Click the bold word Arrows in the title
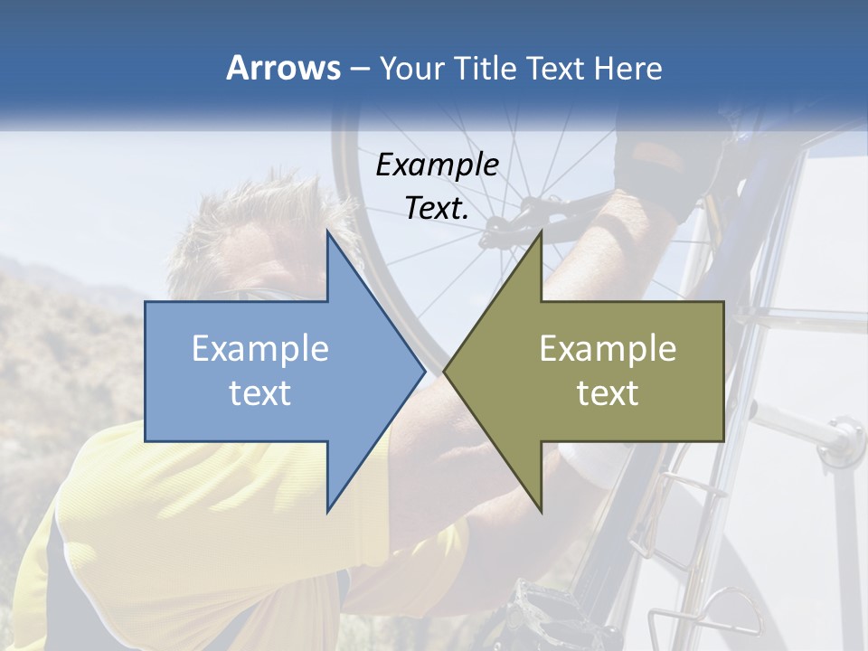(x=283, y=68)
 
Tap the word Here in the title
(x=627, y=68)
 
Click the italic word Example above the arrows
(x=438, y=165)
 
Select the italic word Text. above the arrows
(x=438, y=209)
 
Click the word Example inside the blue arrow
(x=260, y=348)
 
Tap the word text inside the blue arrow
(x=260, y=393)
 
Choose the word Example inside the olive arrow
(x=608, y=348)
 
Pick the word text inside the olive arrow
(x=608, y=393)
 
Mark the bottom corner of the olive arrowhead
(x=541, y=511)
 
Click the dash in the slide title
(x=359, y=69)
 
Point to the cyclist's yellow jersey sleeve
(x=181, y=506)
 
